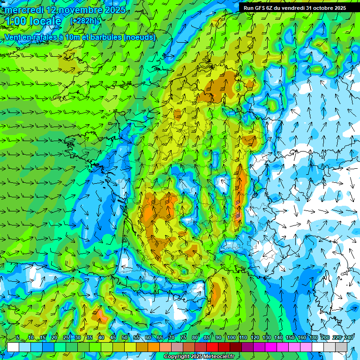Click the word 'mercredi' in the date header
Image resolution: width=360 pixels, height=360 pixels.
(x=24, y=10)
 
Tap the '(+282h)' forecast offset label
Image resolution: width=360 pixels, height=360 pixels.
(x=85, y=21)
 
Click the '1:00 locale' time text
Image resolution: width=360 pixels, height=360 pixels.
(x=33, y=22)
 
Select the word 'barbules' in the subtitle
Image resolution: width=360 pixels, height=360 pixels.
(x=105, y=37)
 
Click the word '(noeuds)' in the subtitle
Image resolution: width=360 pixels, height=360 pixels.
(x=139, y=37)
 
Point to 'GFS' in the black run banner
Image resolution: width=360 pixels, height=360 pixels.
(x=261, y=8)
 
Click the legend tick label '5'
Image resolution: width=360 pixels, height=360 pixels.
(x=18, y=337)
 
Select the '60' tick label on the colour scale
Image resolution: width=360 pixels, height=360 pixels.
(x=148, y=337)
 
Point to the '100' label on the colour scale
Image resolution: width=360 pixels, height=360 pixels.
(x=232, y=337)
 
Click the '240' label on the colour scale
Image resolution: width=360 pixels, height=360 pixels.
(x=349, y=337)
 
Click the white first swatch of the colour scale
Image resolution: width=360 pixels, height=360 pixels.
(x=13, y=347)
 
